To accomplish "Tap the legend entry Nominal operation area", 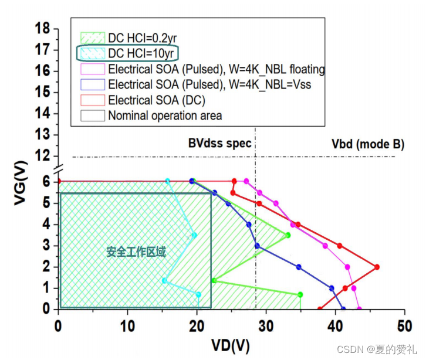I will coord(165,116).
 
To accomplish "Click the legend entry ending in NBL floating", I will coord(217,69).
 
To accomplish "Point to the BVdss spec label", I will coord(219,144).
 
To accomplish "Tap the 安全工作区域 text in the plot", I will coord(136,252).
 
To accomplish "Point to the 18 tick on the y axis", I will coord(42,28).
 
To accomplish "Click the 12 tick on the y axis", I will coord(42,156).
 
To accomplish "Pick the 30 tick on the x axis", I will coord(266,324).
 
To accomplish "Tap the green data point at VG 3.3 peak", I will coord(288,235).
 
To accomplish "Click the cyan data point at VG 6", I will coord(168,181).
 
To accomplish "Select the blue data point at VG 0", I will coord(343,309).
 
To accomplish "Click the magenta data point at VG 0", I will coord(359,309).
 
